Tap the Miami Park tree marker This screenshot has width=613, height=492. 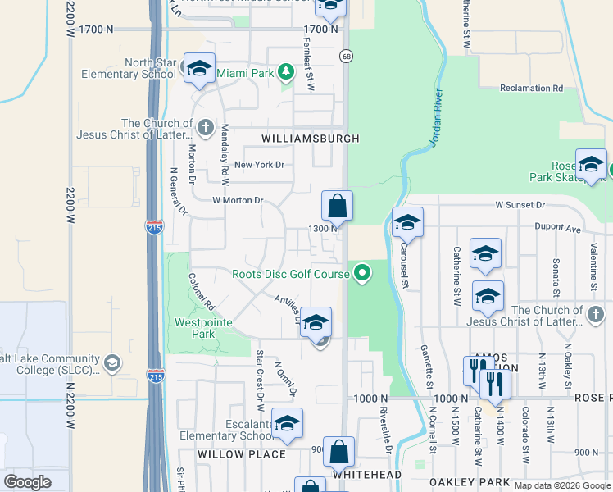pyautogui.click(x=285, y=73)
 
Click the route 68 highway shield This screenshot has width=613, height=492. pyautogui.click(x=347, y=55)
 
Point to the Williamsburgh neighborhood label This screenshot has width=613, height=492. pyautogui.click(x=310, y=139)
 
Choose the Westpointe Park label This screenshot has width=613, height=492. pyautogui.click(x=201, y=329)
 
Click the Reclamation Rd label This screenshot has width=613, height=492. pyautogui.click(x=531, y=88)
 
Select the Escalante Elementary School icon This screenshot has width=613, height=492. pyautogui.click(x=287, y=423)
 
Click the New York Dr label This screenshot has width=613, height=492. pyautogui.click(x=259, y=165)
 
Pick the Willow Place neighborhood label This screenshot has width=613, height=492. pyautogui.click(x=242, y=453)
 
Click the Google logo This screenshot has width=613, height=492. pyautogui.click(x=28, y=482)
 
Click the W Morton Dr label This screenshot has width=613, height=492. pyautogui.click(x=238, y=200)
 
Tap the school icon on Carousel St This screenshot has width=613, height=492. pyautogui.click(x=407, y=222)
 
